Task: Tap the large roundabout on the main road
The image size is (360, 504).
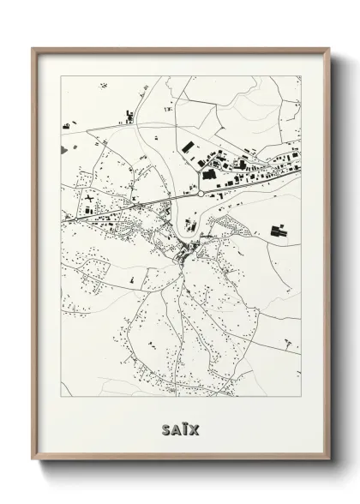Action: [x=200, y=195]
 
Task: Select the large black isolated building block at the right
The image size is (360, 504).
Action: [x=278, y=230]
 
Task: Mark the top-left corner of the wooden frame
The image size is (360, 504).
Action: [x=33, y=49]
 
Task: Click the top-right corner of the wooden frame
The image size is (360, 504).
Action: [x=329, y=49]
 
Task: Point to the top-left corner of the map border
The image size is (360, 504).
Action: [x=61, y=76]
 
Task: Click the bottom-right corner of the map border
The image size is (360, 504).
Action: [x=301, y=398]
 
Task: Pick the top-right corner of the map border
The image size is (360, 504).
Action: [x=301, y=76]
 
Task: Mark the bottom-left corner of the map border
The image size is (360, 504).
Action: [x=61, y=398]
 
